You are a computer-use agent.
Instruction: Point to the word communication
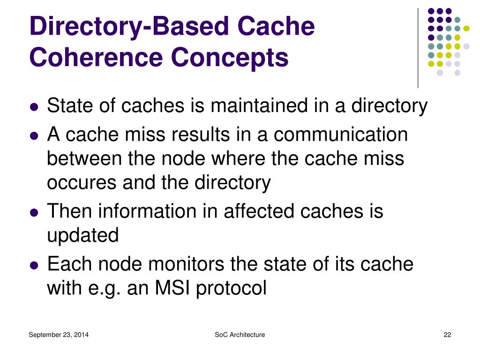pyautogui.click(x=341, y=135)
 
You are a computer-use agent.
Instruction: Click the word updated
pyautogui.click(x=83, y=235)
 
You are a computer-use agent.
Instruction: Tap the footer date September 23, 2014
pyautogui.click(x=59, y=335)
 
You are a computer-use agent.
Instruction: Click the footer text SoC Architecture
pyautogui.click(x=240, y=335)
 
